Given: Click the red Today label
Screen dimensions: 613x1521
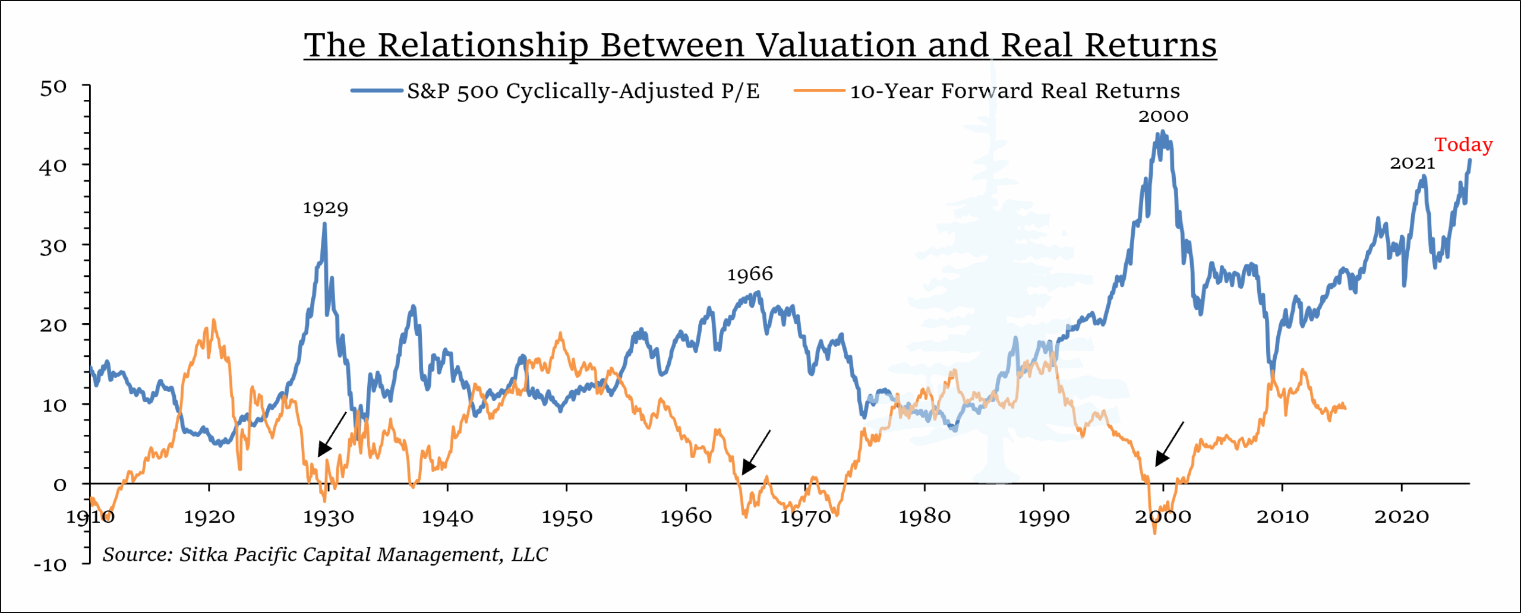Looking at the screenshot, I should tap(1463, 145).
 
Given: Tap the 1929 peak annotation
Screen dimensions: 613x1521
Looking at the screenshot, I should tap(325, 208).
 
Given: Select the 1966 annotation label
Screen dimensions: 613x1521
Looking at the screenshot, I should tap(750, 274).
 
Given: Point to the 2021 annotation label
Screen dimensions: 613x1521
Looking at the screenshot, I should tap(1412, 163).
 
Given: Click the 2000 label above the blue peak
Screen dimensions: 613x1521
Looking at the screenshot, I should tap(1163, 116).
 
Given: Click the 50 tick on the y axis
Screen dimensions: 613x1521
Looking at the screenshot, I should tap(53, 88).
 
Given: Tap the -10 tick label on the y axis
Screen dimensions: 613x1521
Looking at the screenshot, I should tap(51, 564).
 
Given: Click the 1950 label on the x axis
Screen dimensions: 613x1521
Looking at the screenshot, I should tap(567, 517).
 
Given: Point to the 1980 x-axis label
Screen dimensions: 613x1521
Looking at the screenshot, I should tap(924, 517).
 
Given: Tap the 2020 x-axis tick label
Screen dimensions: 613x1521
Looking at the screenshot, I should tap(1401, 517).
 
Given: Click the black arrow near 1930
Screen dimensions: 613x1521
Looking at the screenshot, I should tap(332, 435).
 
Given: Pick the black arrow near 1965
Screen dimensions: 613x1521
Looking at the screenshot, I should tap(756, 453).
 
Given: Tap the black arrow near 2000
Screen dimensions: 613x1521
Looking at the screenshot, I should tap(1169, 444).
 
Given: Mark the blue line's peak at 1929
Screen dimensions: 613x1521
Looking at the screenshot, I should tap(324, 225).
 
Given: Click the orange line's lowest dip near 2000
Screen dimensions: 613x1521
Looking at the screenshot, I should tap(1154, 533).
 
